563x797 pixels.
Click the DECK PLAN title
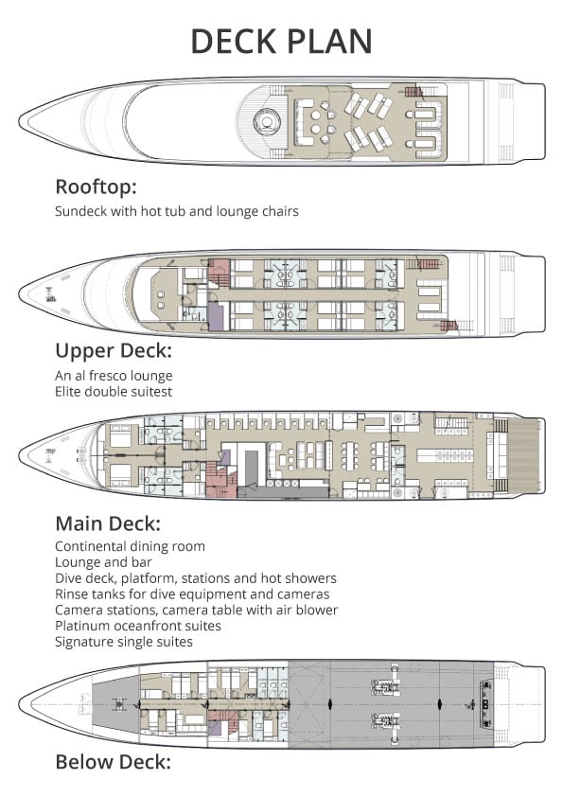click(x=281, y=41)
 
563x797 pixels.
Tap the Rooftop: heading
click(x=96, y=186)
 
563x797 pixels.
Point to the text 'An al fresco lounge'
click(x=114, y=376)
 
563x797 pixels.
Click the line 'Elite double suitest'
click(x=112, y=391)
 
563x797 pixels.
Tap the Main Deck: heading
click(x=107, y=522)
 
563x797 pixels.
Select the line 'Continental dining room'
click(x=130, y=546)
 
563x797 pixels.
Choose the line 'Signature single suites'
click(x=124, y=642)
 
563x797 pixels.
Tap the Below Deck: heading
click(x=113, y=761)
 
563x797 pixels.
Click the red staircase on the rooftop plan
click(x=413, y=92)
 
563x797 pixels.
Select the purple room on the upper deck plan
click(x=215, y=315)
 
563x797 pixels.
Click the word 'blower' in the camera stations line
click(x=318, y=610)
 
